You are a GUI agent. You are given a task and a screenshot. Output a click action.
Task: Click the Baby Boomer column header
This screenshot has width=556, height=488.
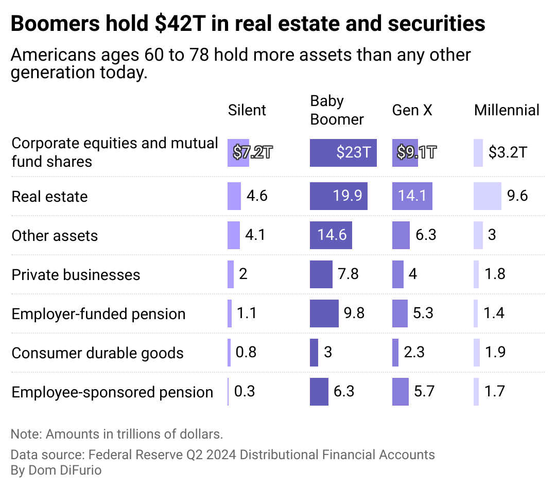click(x=337, y=110)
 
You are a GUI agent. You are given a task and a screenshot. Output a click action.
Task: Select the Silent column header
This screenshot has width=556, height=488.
click(x=247, y=110)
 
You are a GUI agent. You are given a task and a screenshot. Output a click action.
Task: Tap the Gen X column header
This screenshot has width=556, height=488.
click(x=412, y=110)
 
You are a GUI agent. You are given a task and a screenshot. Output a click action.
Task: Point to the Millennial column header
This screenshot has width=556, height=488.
click(x=507, y=110)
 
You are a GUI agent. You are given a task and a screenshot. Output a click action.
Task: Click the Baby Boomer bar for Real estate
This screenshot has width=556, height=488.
click(x=338, y=196)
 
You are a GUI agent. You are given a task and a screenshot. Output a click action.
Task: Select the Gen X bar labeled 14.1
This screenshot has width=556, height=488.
click(x=412, y=196)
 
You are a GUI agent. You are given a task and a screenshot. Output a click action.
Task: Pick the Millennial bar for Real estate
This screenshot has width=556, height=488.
click(x=487, y=196)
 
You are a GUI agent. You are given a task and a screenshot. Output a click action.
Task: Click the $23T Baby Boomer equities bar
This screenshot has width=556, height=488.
click(x=343, y=152)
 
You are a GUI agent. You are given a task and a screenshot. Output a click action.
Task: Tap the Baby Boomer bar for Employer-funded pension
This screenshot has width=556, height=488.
click(x=324, y=313)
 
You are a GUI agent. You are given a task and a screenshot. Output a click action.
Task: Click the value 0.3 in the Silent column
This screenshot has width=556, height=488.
click(x=245, y=392)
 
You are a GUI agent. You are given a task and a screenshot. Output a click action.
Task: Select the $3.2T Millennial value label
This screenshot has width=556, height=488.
click(x=508, y=152)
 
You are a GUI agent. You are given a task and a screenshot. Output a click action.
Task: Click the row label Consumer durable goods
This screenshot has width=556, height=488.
click(x=97, y=353)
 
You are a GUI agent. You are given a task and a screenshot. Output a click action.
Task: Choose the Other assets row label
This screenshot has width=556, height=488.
click(x=55, y=236)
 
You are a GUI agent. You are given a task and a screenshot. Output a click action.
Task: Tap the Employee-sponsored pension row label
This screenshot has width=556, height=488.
click(x=112, y=392)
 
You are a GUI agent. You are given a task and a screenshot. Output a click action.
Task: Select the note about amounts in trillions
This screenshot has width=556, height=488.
click(x=117, y=434)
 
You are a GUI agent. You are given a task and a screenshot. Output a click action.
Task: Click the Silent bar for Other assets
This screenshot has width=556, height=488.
click(x=234, y=235)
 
